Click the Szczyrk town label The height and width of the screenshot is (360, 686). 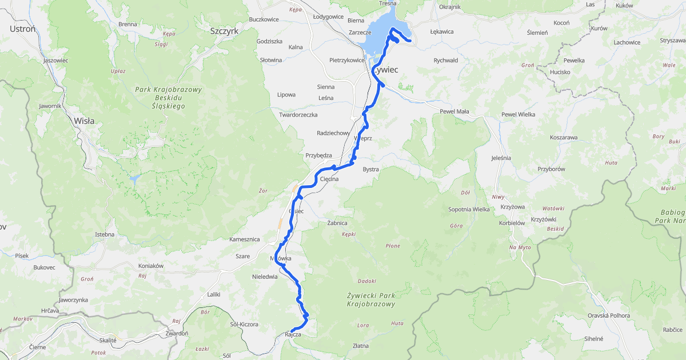coord(224,31)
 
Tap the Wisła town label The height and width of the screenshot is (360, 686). coord(84,121)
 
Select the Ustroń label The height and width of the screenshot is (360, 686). coord(22,29)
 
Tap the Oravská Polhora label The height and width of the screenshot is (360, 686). coord(607,315)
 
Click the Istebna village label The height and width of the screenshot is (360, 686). coord(105,234)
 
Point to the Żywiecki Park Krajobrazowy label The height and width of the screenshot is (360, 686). coord(370,299)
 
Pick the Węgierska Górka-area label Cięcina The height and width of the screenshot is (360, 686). coord(329,179)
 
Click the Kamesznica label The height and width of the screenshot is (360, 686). coord(244,239)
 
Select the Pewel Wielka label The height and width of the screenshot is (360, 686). coord(519,115)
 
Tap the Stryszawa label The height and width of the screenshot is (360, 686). coord(672,41)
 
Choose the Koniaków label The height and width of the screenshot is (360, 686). coord(151,266)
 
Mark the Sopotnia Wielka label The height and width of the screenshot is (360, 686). coord(469,209)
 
